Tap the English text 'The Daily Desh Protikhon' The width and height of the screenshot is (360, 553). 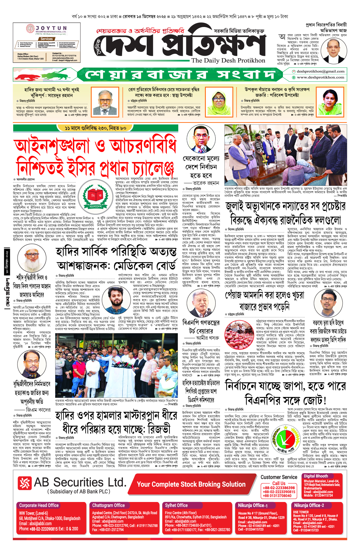pos(228,61)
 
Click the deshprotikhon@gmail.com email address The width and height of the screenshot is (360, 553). pos(320,71)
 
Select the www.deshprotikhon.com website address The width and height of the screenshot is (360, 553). pos(320,77)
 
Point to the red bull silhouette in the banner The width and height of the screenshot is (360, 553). pos(28,74)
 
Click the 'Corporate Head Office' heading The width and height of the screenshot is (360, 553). pos(39,505)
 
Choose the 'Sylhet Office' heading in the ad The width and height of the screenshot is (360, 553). pos(176,505)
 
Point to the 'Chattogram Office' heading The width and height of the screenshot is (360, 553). pos(108,505)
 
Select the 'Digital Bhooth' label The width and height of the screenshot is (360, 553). pos(316,476)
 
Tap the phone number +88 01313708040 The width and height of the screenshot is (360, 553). pos(279,496)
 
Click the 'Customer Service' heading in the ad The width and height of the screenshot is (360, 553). pos(279,477)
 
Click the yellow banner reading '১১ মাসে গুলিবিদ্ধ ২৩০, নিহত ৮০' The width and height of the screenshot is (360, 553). pos(95,128)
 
